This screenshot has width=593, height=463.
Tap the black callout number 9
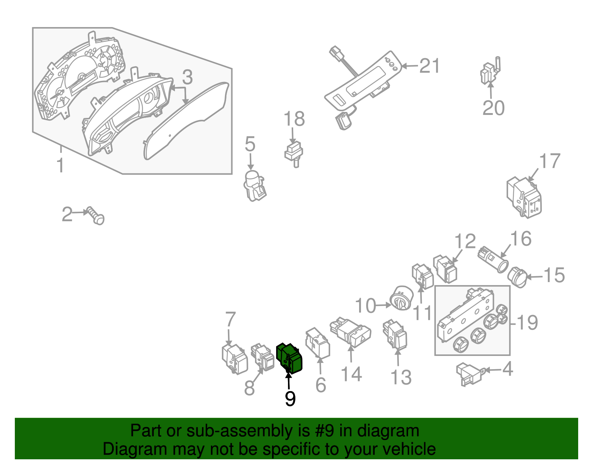click(x=290, y=399)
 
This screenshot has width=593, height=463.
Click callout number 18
click(x=294, y=119)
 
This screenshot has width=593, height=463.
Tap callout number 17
click(x=550, y=162)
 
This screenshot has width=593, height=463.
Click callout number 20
click(x=493, y=108)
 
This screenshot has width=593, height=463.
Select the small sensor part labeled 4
click(x=469, y=374)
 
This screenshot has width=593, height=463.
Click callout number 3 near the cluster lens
click(x=187, y=77)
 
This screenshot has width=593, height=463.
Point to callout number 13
click(x=401, y=378)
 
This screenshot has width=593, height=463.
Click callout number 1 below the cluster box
click(x=60, y=165)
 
